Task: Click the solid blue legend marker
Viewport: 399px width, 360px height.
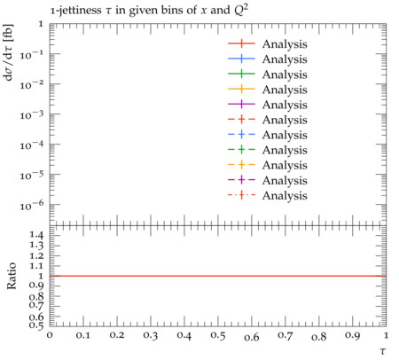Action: click(241, 59)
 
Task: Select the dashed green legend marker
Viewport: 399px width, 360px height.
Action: click(241, 150)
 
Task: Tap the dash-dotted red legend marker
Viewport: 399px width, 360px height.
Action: click(241, 195)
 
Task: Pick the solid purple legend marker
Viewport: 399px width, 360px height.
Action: click(241, 104)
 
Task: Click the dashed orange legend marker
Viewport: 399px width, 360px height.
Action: click(241, 165)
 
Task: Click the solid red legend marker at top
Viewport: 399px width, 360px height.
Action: click(241, 43)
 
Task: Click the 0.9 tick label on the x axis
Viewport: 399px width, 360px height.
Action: click(353, 335)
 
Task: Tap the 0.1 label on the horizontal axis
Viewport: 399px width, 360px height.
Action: click(83, 335)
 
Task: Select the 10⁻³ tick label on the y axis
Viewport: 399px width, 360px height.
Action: click(32, 114)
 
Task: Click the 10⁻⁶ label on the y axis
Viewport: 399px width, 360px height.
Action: click(32, 205)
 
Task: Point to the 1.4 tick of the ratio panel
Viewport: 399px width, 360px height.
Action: click(36, 236)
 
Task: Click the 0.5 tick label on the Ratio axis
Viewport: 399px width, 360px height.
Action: click(36, 325)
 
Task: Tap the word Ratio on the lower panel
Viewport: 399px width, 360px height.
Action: click(12, 276)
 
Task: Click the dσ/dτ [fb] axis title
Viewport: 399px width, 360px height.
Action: click(8, 52)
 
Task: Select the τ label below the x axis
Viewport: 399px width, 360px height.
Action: click(383, 351)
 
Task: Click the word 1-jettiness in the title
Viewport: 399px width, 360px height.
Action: click(75, 11)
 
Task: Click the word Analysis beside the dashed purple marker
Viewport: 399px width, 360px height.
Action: click(285, 180)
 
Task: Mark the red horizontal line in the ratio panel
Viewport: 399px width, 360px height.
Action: click(218, 276)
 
